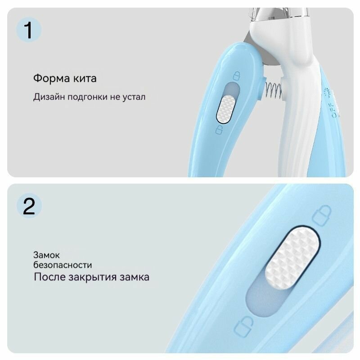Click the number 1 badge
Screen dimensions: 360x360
click(28, 30)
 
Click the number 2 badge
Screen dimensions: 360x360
click(29, 206)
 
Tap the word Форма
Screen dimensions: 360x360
click(51, 78)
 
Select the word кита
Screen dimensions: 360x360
click(85, 78)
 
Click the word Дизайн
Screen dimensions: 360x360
click(49, 97)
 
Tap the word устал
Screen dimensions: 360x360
click(134, 97)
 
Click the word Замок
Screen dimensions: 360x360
click(46, 255)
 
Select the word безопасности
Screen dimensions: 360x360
click(63, 265)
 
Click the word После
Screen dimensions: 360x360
click(49, 277)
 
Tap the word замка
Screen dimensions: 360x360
click(135, 277)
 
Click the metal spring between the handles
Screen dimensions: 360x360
click(273, 90)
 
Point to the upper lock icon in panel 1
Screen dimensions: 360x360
click(237, 76)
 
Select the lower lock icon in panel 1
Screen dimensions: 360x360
click(219, 130)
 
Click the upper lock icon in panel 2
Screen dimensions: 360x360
click(322, 216)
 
